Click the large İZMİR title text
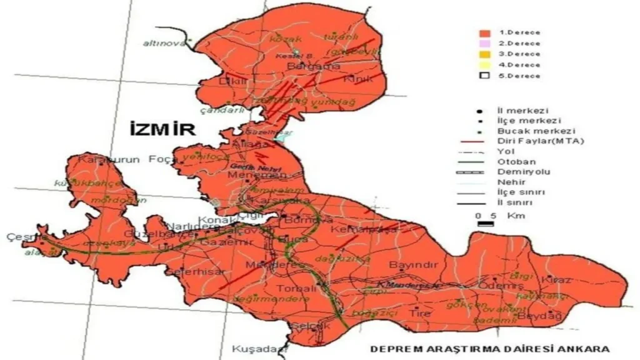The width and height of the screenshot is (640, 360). click(162, 129)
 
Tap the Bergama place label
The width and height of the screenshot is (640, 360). click(304, 66)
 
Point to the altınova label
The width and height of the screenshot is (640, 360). click(164, 43)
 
